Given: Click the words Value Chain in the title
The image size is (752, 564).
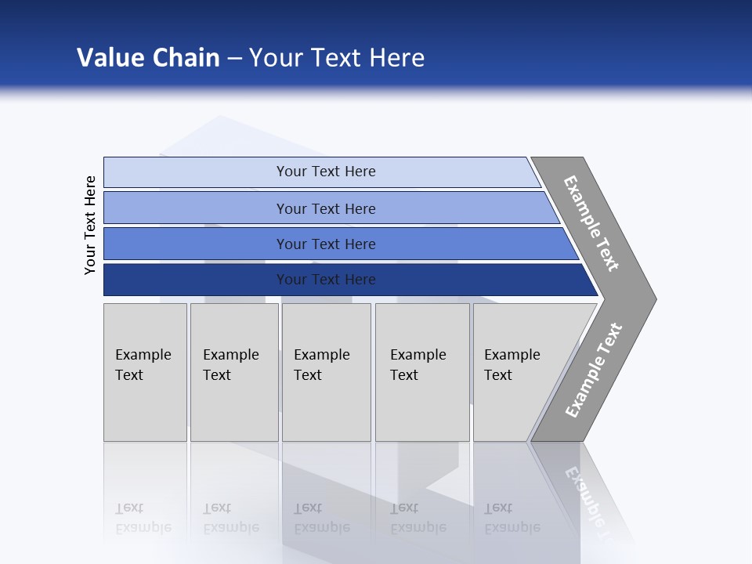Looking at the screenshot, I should [148, 58].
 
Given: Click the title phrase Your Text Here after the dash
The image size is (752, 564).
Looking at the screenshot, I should [337, 58].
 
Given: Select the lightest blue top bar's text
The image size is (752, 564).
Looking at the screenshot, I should [326, 172].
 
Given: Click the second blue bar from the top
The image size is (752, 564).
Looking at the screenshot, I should [326, 208].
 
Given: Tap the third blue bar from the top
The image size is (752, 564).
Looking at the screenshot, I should [326, 244].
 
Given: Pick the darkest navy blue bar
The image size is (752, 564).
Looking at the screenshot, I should [326, 280].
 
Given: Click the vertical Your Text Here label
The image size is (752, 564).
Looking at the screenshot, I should [90, 225].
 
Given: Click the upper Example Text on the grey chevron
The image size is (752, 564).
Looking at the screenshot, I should [591, 223].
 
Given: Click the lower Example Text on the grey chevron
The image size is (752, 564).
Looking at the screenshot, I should [593, 370].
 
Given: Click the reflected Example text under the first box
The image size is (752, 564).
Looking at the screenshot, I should [143, 527].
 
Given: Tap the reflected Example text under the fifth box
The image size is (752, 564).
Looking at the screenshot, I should [512, 527].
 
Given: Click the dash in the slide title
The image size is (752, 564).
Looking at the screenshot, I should [234, 59].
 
